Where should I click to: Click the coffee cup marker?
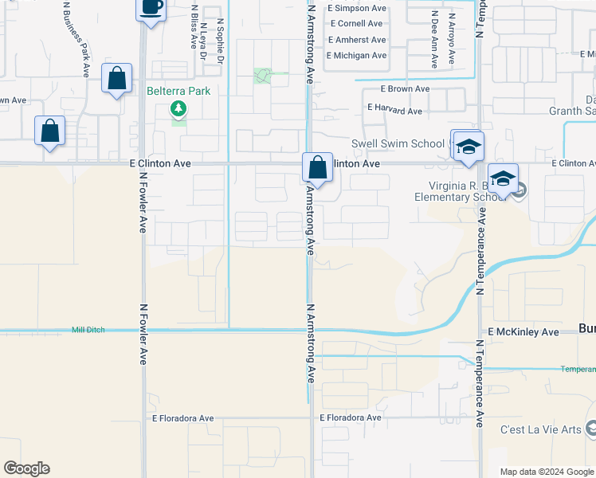pyautogui.click(x=151, y=9)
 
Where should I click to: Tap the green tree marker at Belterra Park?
pyautogui.click(x=179, y=108)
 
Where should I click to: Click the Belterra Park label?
pyautogui.click(x=178, y=91)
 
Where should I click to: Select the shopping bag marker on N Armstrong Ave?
pyautogui.click(x=317, y=168)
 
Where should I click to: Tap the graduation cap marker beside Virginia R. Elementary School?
pyautogui.click(x=504, y=179)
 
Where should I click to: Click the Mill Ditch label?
pyautogui.click(x=88, y=329)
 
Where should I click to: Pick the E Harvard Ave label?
pyautogui.click(x=394, y=111)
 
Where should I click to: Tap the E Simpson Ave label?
pyautogui.click(x=356, y=8)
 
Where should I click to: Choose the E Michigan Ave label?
pyautogui.click(x=356, y=56)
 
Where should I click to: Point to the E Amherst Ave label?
pyautogui.click(x=356, y=40)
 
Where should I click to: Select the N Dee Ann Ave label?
pyautogui.click(x=434, y=36)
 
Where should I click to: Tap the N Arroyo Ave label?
pyautogui.click(x=451, y=36)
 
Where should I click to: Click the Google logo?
pyautogui.click(x=26, y=468)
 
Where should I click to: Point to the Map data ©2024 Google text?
pyautogui.click(x=546, y=472)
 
